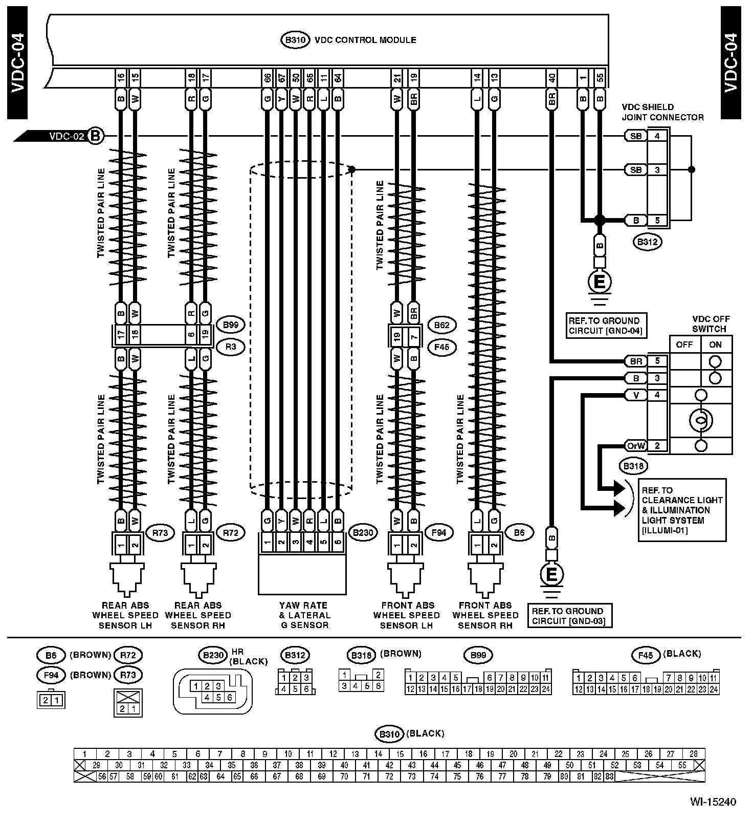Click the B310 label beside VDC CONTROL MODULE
click(x=295, y=40)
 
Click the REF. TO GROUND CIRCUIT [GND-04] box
click(x=605, y=326)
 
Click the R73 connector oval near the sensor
click(x=160, y=532)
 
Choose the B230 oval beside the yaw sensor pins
click(x=363, y=532)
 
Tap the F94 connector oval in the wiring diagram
click(x=438, y=532)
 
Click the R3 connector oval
click(x=231, y=347)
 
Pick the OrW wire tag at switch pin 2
click(x=636, y=446)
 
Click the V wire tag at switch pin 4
click(x=636, y=395)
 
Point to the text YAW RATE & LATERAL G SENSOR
click(x=304, y=615)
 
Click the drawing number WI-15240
click(x=712, y=802)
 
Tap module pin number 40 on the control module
click(x=551, y=78)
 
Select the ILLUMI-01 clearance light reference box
click(x=682, y=510)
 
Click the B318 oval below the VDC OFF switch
click(x=633, y=466)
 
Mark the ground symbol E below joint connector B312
click(x=600, y=281)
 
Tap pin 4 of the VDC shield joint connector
click(x=657, y=136)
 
